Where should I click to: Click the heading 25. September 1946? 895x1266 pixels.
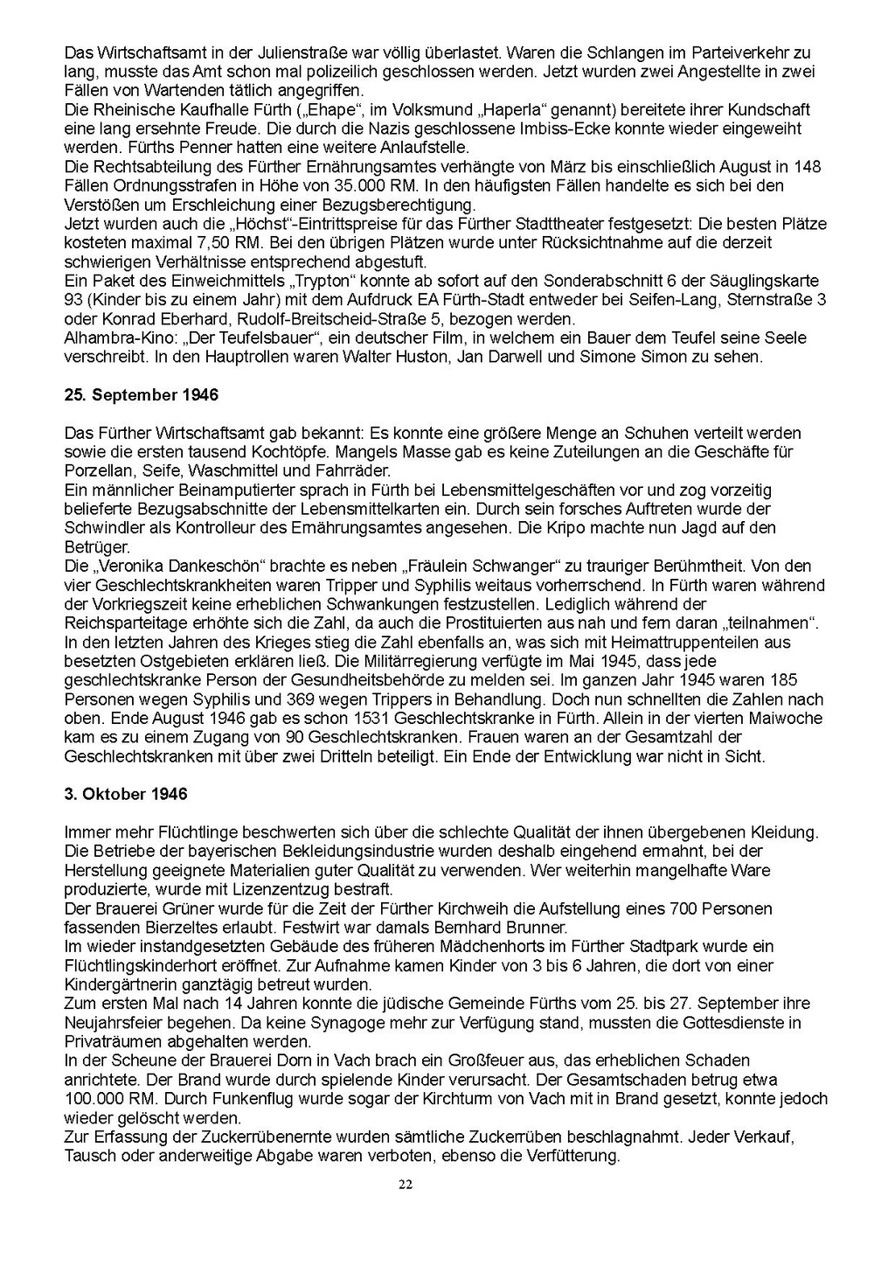(x=142, y=395)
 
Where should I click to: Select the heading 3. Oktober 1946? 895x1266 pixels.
(x=126, y=794)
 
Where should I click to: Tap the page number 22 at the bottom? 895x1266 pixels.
(x=405, y=1185)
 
